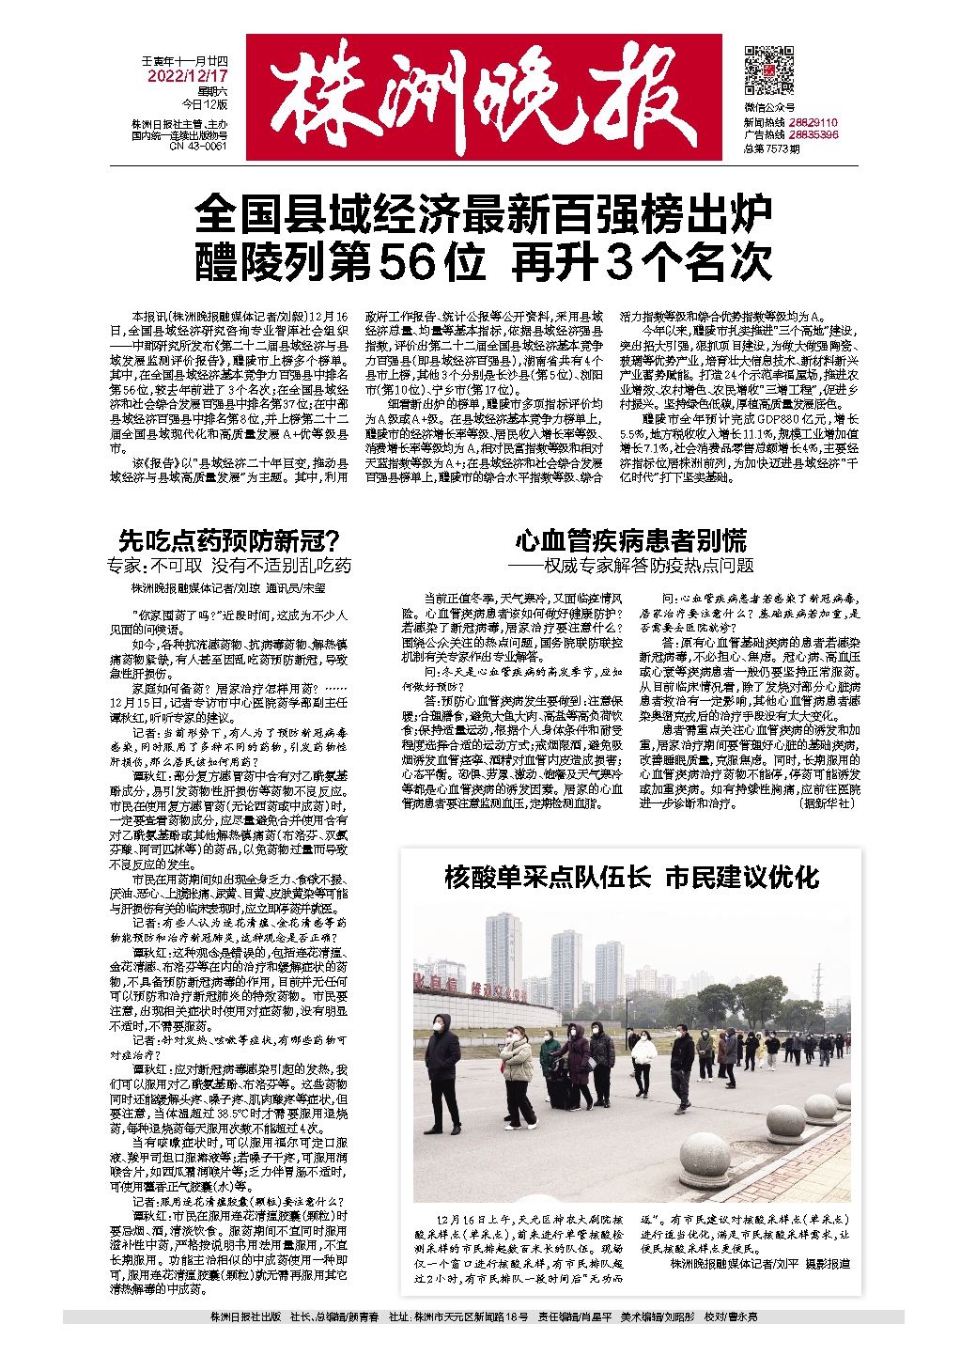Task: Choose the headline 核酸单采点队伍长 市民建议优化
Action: (631, 878)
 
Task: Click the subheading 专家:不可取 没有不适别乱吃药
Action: (228, 566)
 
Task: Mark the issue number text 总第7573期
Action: (771, 148)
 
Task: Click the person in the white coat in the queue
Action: (643, 1057)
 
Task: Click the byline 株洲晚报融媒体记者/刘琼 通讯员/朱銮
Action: (228, 588)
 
